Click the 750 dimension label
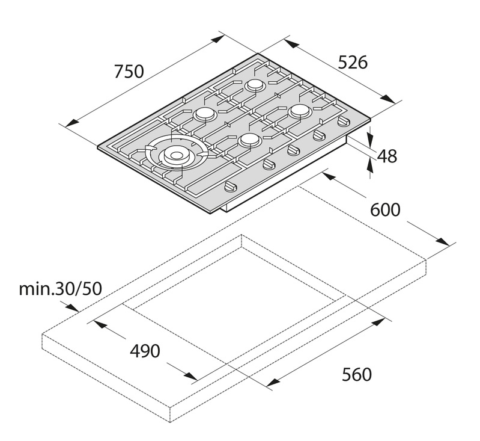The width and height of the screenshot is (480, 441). pyautogui.click(x=129, y=71)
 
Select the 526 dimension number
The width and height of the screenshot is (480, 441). pyautogui.click(x=353, y=62)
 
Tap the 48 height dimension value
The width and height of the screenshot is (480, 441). pyautogui.click(x=387, y=156)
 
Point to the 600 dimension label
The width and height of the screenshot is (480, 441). pyautogui.click(x=385, y=210)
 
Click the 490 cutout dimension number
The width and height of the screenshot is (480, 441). pyautogui.click(x=145, y=351)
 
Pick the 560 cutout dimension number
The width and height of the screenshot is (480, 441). pyautogui.click(x=357, y=374)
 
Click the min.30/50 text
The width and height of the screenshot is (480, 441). pyautogui.click(x=60, y=289)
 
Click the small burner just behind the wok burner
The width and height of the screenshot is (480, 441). pyautogui.click(x=205, y=114)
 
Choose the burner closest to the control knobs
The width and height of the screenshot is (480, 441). pyautogui.click(x=249, y=140)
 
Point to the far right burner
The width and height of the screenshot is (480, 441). pyautogui.click(x=300, y=111)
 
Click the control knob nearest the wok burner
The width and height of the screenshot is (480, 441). pyautogui.click(x=231, y=186)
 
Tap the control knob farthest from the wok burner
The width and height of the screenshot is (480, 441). pyautogui.click(x=344, y=122)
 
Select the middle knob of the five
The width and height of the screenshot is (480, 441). pyautogui.click(x=293, y=150)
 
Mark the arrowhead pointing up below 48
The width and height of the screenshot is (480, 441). pyautogui.click(x=371, y=167)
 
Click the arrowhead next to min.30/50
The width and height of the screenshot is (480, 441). pyautogui.click(x=71, y=307)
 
